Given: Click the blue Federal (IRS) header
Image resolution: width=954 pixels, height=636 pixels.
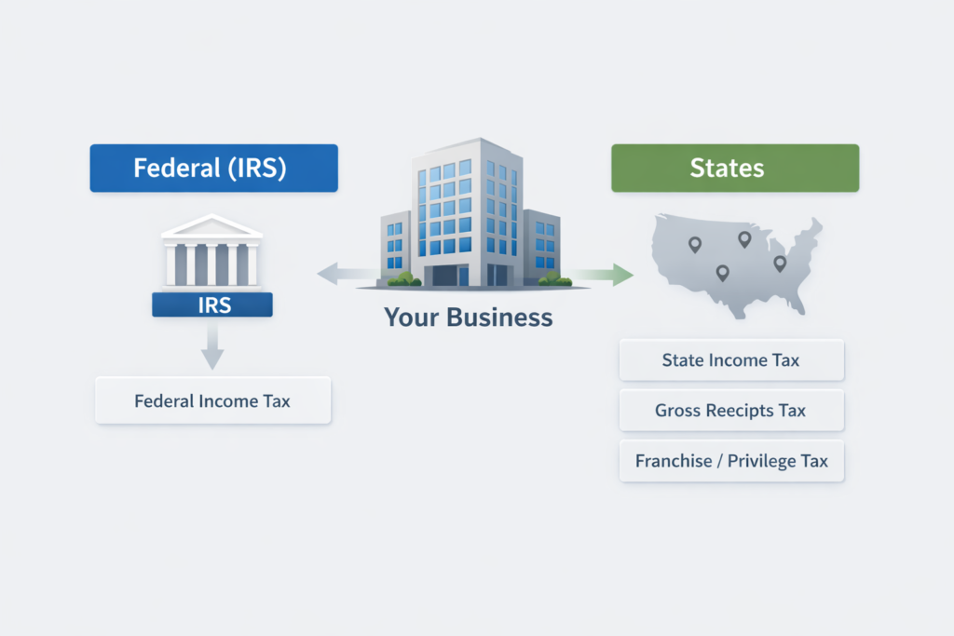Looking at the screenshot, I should pyautogui.click(x=213, y=169).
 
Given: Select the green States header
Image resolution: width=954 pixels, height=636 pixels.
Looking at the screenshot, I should pyautogui.click(x=734, y=169).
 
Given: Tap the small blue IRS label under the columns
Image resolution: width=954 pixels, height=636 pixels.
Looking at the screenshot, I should pyautogui.click(x=212, y=304).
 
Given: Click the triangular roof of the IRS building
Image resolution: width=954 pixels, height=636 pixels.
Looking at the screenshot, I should pyautogui.click(x=211, y=226).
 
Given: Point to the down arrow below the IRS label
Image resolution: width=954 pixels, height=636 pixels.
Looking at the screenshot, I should pyautogui.click(x=212, y=351).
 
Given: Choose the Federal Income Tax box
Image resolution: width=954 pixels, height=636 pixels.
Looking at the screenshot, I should pyautogui.click(x=212, y=401).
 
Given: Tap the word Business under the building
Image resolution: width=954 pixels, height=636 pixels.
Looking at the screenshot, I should pyautogui.click(x=499, y=318).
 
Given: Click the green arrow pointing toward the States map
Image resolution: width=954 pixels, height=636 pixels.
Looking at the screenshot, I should pyautogui.click(x=605, y=274).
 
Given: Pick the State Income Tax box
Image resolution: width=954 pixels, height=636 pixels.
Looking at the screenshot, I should pyautogui.click(x=731, y=360).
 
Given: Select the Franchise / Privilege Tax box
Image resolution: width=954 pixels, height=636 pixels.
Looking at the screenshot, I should pyautogui.click(x=731, y=461).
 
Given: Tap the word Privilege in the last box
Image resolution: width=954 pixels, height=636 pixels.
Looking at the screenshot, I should pyautogui.click(x=753, y=461).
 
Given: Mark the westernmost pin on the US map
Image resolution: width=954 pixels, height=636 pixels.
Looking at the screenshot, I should pyautogui.click(x=694, y=244).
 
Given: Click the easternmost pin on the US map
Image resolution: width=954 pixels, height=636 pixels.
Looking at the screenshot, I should pyautogui.click(x=780, y=264).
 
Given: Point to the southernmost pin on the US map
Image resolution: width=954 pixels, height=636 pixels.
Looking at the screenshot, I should pyautogui.click(x=722, y=273).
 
